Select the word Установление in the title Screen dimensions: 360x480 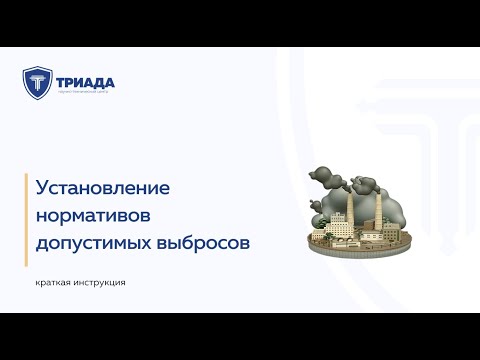[x=104, y=187]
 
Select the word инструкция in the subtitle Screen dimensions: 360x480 [x=104, y=282]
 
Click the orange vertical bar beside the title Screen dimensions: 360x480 [x=27, y=214]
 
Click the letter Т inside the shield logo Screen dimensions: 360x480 [x=36, y=84]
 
